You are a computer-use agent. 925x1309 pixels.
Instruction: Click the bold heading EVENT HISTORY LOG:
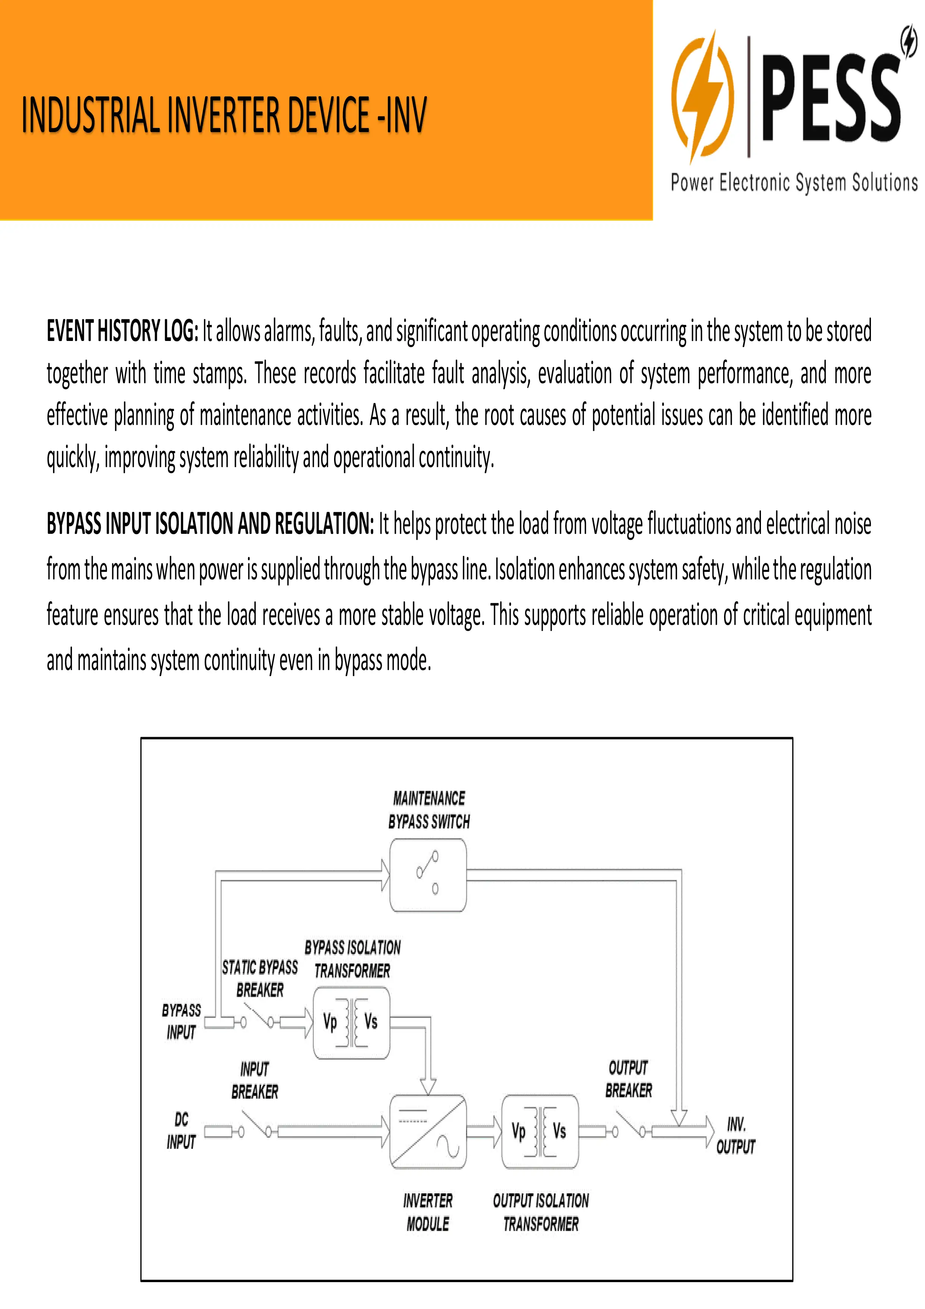click(x=123, y=331)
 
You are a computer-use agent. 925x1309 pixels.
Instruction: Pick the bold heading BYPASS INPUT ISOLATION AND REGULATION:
click(x=210, y=523)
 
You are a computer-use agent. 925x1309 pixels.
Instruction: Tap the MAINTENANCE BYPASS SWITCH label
click(x=429, y=809)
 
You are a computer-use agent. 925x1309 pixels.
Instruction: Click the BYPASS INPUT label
click(x=181, y=1021)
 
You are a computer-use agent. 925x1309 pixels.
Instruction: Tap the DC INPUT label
click(x=181, y=1131)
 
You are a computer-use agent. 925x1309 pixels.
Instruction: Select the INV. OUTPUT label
click(x=736, y=1135)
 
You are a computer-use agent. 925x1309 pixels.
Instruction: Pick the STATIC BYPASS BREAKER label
click(x=260, y=978)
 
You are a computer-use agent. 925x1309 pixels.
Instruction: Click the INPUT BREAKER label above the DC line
click(x=255, y=1080)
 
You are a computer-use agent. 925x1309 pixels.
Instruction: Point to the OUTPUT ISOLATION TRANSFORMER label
click(x=541, y=1212)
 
